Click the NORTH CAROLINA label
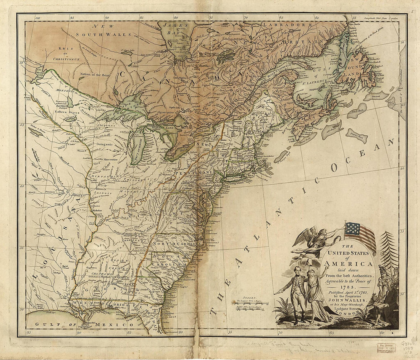click(x=176, y=244)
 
